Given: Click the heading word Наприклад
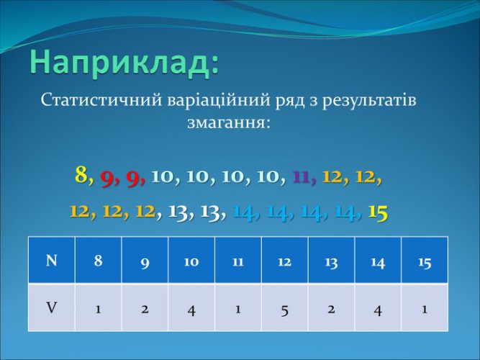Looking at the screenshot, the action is click(122, 63).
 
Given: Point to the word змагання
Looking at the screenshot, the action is click(227, 123).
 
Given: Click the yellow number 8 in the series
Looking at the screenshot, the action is click(81, 175).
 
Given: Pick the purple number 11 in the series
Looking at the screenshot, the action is click(302, 177).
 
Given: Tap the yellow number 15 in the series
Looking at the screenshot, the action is click(378, 212).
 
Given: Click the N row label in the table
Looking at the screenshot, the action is click(51, 261).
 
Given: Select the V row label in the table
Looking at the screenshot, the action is click(51, 307).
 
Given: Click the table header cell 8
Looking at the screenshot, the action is click(99, 261).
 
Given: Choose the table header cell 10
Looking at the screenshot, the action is click(191, 261).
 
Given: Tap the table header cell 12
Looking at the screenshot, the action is click(285, 261).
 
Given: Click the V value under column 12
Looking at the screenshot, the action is click(285, 310).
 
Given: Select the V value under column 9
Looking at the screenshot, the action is click(145, 309).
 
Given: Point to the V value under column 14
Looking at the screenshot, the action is click(378, 310).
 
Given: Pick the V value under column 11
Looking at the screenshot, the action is click(238, 309).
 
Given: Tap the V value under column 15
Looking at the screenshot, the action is click(425, 309).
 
